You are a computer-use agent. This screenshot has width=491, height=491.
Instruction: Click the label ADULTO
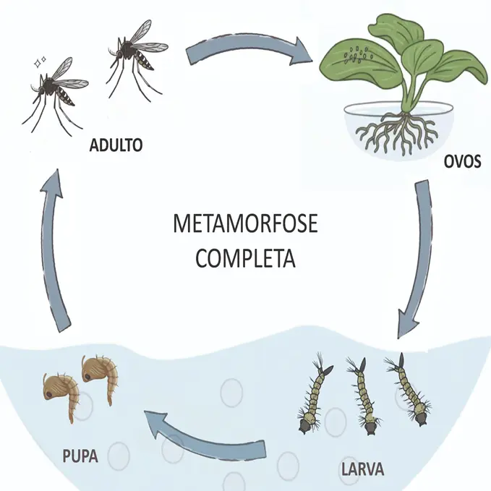pos(116,145)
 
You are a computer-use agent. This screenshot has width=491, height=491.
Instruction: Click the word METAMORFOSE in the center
pos(244,224)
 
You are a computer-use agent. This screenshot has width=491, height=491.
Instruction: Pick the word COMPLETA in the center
pos(246,258)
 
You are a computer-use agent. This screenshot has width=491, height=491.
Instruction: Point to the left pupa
pos(61,394)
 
